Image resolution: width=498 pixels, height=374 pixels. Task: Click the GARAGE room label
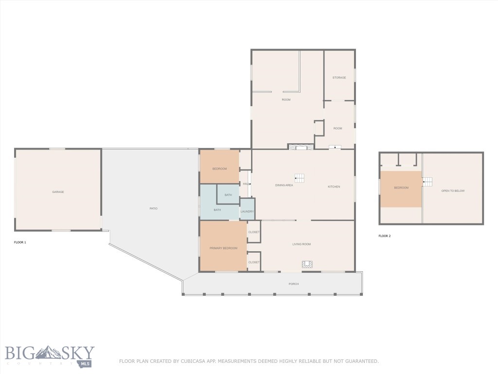pyautogui.click(x=58, y=192)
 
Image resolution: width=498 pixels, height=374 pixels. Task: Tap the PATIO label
pyautogui.click(x=153, y=208)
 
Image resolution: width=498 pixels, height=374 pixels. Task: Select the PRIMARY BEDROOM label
pyautogui.click(x=223, y=248)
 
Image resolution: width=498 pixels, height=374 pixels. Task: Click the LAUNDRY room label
pyautogui.click(x=247, y=211)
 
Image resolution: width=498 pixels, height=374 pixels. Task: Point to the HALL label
pyautogui.click(x=246, y=184)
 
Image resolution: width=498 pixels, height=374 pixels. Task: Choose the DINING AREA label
pyautogui.click(x=284, y=186)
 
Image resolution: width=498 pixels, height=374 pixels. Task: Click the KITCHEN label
pyautogui.click(x=334, y=187)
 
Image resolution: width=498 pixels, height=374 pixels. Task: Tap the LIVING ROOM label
pyautogui.click(x=301, y=244)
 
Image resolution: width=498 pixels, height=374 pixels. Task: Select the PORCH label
pyautogui.click(x=293, y=284)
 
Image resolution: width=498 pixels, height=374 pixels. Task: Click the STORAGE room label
pyautogui.click(x=339, y=77)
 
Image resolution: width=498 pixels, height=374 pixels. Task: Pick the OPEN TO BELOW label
pyautogui.click(x=453, y=191)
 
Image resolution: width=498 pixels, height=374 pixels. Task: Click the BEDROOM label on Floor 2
pyautogui.click(x=401, y=187)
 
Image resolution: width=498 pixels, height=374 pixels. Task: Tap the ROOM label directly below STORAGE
pyautogui.click(x=338, y=129)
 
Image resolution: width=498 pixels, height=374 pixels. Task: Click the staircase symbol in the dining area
pyautogui.click(x=300, y=178)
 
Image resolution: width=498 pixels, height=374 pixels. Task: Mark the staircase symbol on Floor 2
pyautogui.click(x=427, y=182)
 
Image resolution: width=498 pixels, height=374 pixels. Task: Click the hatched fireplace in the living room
pyautogui.click(x=307, y=264)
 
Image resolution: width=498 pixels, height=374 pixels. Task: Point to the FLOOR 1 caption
pyautogui.click(x=20, y=242)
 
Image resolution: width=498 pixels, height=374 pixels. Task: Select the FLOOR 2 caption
pyautogui.click(x=385, y=236)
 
